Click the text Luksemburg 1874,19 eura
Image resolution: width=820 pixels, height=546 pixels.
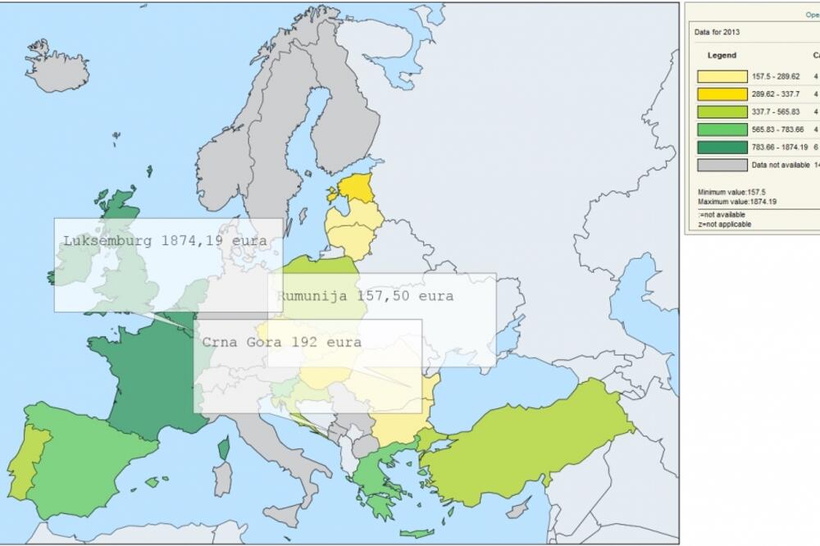click(x=165, y=241)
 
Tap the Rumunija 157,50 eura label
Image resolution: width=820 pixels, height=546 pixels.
click(x=365, y=296)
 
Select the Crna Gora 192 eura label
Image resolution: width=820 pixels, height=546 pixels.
click(x=281, y=343)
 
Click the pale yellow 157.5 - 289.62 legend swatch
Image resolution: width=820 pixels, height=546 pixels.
click(x=722, y=76)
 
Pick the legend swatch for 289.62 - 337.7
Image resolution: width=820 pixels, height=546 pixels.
click(x=722, y=94)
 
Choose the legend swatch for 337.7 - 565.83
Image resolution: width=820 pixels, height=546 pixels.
click(x=722, y=111)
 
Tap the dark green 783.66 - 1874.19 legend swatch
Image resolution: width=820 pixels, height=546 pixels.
click(x=722, y=147)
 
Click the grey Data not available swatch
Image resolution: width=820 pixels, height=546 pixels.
click(x=722, y=165)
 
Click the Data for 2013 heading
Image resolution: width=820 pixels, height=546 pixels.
click(x=717, y=33)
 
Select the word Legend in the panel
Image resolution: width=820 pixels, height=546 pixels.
click(x=722, y=56)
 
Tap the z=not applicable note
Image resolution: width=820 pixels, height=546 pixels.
click(x=724, y=224)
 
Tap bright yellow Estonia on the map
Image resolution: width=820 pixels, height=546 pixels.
click(x=355, y=189)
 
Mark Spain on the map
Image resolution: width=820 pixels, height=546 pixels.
click(x=90, y=459)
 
